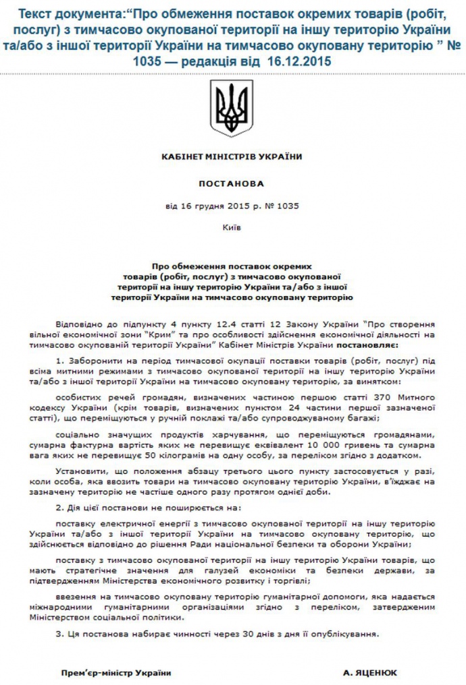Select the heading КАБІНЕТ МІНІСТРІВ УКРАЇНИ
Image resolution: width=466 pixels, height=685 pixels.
tap(232, 156)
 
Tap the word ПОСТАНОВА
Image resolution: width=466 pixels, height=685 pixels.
tap(232, 182)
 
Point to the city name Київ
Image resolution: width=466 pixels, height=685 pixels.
tap(232, 227)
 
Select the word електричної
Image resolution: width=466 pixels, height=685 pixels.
tap(124, 523)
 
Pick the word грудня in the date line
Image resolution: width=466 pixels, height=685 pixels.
tap(205, 206)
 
